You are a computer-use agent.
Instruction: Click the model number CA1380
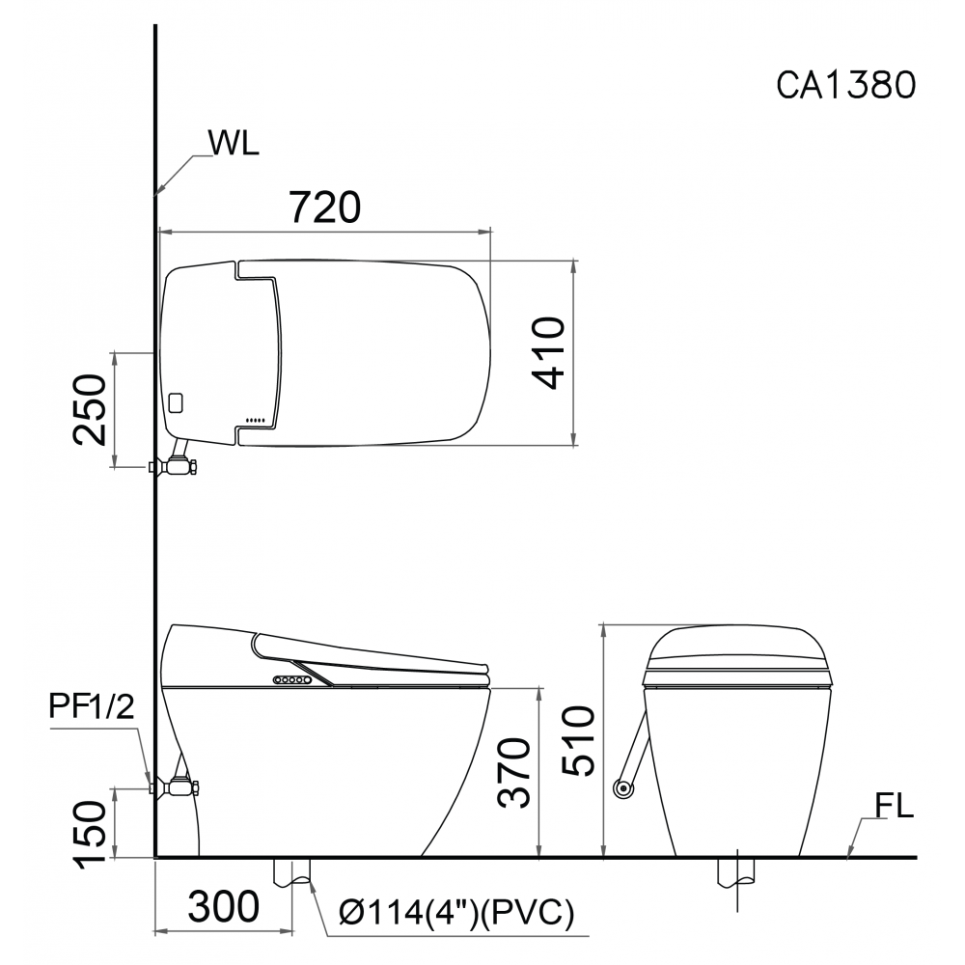click(x=846, y=85)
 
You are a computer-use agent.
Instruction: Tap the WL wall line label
click(x=234, y=143)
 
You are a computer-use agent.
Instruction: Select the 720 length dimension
click(x=325, y=207)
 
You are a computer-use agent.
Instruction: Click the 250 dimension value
click(x=90, y=408)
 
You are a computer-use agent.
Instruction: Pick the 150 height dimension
click(x=90, y=835)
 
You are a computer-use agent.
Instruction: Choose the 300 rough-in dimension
click(x=224, y=906)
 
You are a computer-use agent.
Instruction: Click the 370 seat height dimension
click(x=514, y=772)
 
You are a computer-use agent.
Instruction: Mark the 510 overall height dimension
click(x=579, y=741)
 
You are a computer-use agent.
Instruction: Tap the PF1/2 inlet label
click(x=91, y=707)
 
